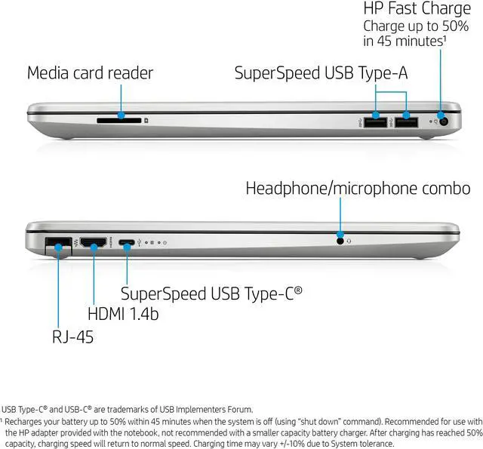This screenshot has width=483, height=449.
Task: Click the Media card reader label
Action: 90,73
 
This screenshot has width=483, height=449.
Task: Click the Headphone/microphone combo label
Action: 358,189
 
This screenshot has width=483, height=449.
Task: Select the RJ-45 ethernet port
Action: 58,244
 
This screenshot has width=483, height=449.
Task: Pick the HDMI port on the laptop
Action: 94,243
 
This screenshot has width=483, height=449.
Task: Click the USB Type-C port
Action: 127,243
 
